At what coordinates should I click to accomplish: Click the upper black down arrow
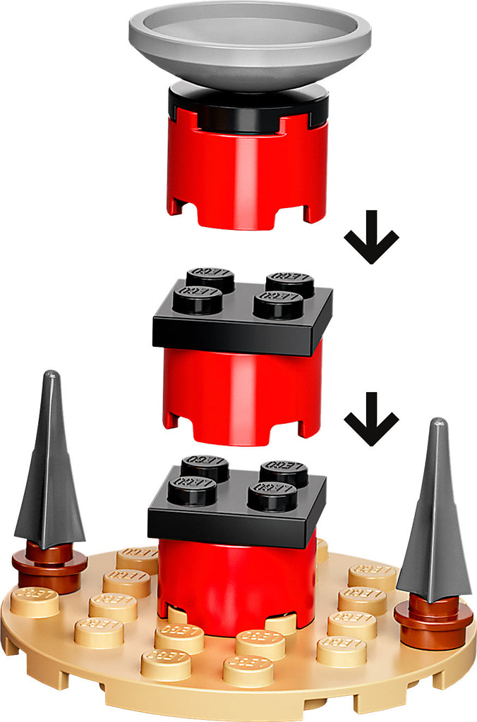click(x=371, y=237)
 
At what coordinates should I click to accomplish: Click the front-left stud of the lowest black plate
click(x=192, y=490)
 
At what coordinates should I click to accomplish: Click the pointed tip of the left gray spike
click(x=49, y=375)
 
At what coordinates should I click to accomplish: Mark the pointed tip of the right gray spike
click(x=439, y=424)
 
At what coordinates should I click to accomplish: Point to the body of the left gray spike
click(x=49, y=479)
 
